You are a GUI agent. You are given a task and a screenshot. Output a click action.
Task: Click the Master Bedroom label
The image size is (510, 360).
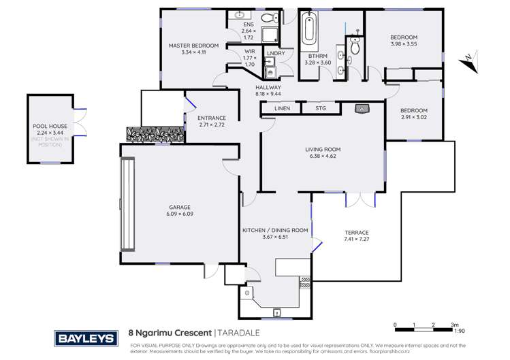click(x=194, y=46)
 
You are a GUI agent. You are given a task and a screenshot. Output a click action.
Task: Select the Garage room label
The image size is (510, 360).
click(x=180, y=207)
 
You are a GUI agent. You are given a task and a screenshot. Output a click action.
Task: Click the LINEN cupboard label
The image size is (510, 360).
click(x=282, y=108)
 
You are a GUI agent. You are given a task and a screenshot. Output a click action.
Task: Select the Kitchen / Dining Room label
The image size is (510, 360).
click(x=275, y=230)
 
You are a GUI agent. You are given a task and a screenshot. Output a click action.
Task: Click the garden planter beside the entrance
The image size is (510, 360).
click(x=154, y=134)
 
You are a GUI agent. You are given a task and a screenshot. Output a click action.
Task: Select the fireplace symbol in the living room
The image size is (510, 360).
click(x=363, y=108)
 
